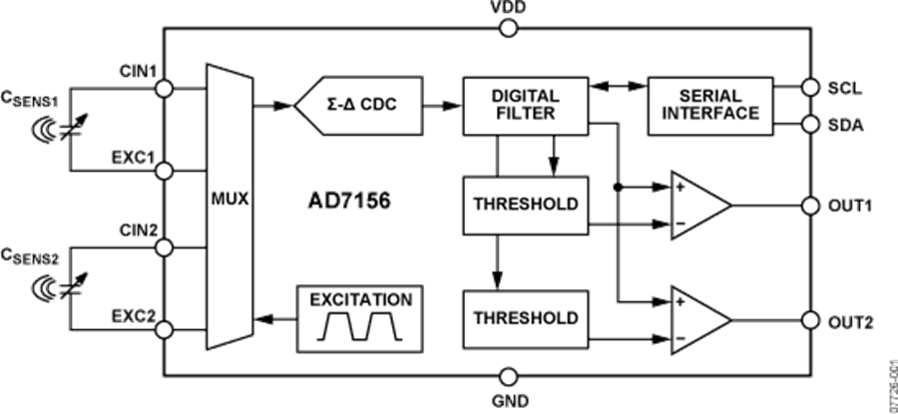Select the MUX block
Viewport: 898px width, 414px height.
coord(229,206)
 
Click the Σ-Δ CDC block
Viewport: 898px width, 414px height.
coord(359,106)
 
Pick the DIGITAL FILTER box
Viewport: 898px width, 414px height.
coord(526,106)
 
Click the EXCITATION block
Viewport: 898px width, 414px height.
coord(360,318)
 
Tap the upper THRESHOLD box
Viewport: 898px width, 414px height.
coord(526,205)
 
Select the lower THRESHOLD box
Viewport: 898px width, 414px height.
coord(526,319)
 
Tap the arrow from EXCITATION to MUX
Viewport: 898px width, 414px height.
coord(275,318)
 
